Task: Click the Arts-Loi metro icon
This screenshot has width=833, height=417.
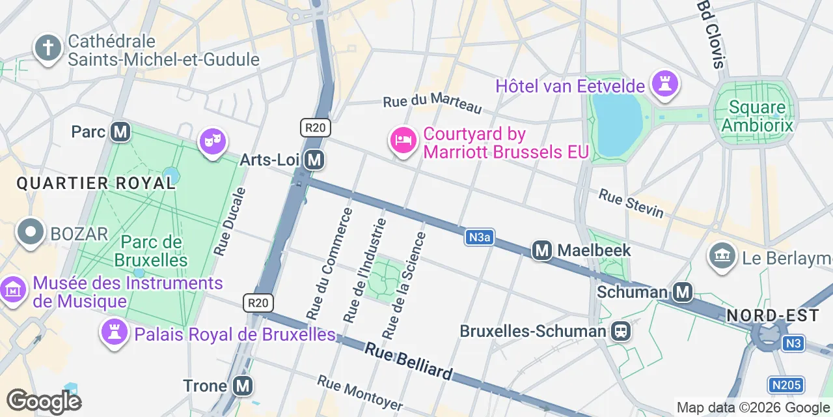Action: pyautogui.click(x=315, y=160)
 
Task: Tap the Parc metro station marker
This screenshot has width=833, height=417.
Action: pyautogui.click(x=120, y=132)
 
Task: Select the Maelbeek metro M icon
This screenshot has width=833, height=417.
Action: pyautogui.click(x=542, y=250)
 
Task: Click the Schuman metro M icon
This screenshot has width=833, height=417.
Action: pyautogui.click(x=683, y=292)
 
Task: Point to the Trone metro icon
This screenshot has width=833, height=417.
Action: pyautogui.click(x=243, y=386)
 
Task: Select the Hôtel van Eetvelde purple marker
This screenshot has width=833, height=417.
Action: pyautogui.click(x=664, y=85)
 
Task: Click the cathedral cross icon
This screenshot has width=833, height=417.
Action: pyautogui.click(x=48, y=48)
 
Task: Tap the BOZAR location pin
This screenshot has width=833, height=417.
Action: pyautogui.click(x=30, y=233)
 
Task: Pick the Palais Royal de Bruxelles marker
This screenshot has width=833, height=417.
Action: pyautogui.click(x=114, y=333)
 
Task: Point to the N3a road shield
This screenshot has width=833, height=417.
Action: pyautogui.click(x=478, y=238)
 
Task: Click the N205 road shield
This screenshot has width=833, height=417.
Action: pyautogui.click(x=785, y=386)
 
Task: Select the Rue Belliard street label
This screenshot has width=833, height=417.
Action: pyautogui.click(x=408, y=362)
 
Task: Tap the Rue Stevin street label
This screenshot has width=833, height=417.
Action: pyautogui.click(x=631, y=203)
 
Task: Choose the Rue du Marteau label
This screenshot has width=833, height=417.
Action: pyautogui.click(x=432, y=104)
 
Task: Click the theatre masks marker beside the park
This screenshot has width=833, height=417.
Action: pyautogui.click(x=213, y=141)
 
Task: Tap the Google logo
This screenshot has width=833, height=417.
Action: pyautogui.click(x=44, y=401)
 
